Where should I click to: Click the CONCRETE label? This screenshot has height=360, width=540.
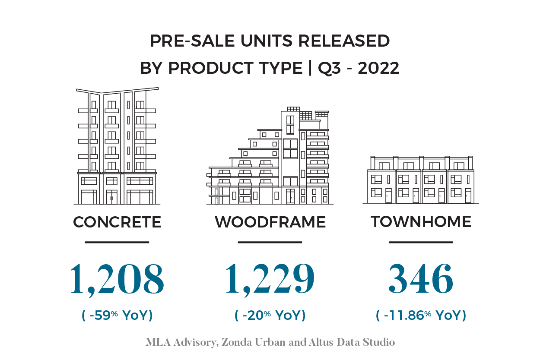(x=117, y=222)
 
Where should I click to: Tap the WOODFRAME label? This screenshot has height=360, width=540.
(x=270, y=222)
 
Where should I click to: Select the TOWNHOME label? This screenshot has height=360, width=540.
(x=421, y=221)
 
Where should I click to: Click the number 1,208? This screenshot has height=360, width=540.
(x=117, y=279)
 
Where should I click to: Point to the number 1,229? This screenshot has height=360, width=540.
(x=270, y=279)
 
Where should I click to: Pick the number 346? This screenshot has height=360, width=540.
(x=421, y=279)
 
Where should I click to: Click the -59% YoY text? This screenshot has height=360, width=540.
(x=117, y=316)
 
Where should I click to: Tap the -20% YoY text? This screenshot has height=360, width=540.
(x=270, y=316)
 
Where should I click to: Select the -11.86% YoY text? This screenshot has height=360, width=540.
(x=421, y=316)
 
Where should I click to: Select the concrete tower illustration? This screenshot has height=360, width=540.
(x=117, y=147)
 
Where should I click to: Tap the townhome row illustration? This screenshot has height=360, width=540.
(x=421, y=180)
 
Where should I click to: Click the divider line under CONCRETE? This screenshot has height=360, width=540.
(x=117, y=242)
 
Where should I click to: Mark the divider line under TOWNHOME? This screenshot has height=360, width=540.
(x=421, y=242)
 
